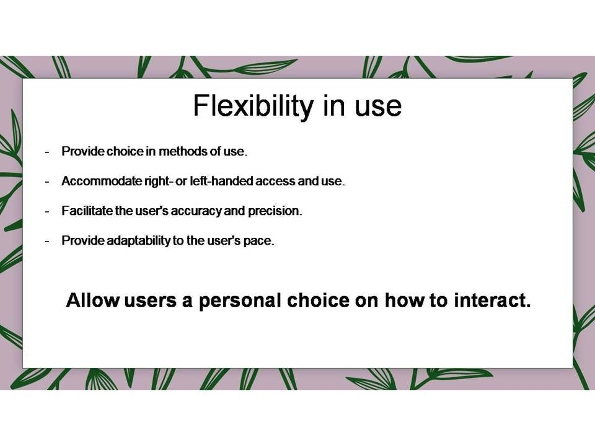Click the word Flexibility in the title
[253, 107]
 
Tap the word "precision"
[275, 211]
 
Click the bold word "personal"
[240, 301]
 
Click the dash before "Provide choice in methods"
[47, 152]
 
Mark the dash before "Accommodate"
[47, 181]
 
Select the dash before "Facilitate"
[47, 211]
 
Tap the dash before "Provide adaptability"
[47, 241]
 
